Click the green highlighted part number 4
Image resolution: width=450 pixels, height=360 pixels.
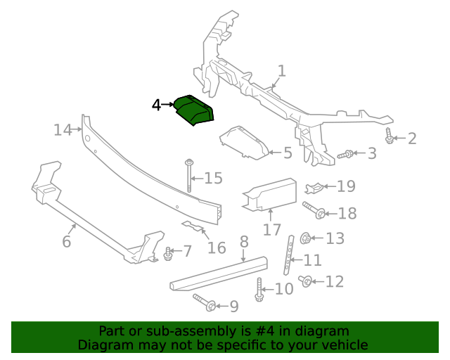194,111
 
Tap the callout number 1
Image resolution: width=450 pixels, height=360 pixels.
281,71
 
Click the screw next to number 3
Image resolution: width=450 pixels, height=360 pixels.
345,154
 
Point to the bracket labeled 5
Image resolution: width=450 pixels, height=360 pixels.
243,144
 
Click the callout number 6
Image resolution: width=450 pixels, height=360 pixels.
67,243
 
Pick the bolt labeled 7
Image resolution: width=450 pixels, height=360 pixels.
167,252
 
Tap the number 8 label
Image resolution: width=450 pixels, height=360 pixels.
244,242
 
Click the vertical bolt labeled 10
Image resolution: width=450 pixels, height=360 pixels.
259,289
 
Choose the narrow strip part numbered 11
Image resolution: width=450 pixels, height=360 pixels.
288,256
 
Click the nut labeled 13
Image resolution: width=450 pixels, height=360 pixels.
307,238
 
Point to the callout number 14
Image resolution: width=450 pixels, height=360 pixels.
63,130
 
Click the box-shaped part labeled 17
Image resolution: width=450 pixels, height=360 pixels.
269,195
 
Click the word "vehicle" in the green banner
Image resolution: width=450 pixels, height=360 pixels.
343,345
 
